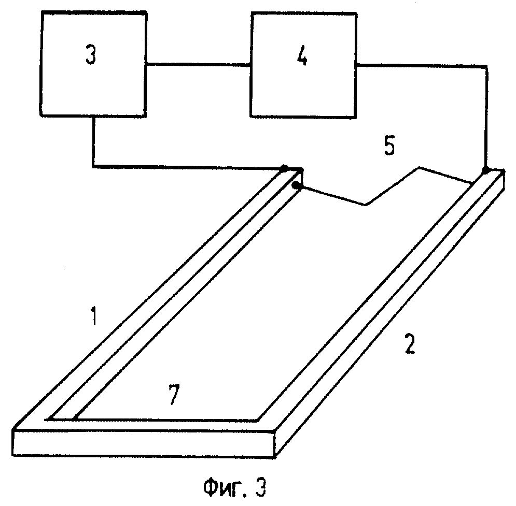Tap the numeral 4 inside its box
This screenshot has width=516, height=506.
coord(303,57)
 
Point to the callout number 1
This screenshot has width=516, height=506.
coord(93,317)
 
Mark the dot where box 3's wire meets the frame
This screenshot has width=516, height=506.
coord(284,168)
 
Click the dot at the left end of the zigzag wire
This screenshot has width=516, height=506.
coord(295,185)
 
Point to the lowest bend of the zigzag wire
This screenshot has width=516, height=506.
coord(366,205)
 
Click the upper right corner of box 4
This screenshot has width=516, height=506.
coord(354,12)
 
